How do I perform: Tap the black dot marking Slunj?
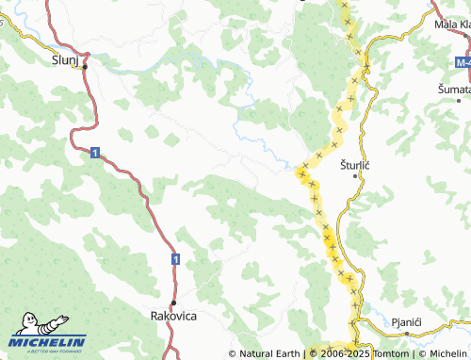point(85,68)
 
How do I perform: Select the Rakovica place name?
point(173,317)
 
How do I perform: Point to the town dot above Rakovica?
point(173,303)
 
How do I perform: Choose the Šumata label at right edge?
point(454,88)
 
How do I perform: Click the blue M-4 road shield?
point(459,61)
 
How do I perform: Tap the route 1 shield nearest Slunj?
point(95,152)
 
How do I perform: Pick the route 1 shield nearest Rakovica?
point(175,257)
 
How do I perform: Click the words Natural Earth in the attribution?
point(269,353)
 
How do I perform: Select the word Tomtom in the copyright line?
point(389,353)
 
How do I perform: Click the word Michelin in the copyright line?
point(447,353)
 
